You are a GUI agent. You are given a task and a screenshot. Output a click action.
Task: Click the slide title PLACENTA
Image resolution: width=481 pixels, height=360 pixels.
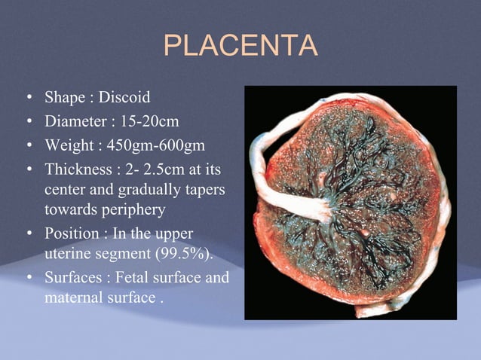[240, 47]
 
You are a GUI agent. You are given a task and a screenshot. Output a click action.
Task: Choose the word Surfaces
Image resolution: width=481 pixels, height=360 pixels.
[72, 278]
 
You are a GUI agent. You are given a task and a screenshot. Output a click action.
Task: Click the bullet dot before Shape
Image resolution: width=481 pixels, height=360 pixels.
[28, 98]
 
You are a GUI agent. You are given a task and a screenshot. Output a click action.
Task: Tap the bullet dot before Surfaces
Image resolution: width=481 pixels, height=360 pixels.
[28, 279]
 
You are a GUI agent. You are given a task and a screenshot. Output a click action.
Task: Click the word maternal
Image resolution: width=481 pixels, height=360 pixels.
[72, 297]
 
